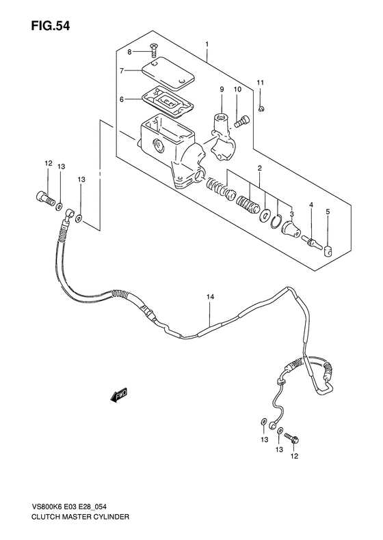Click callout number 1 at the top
(206, 45)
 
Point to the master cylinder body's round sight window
(158, 145)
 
